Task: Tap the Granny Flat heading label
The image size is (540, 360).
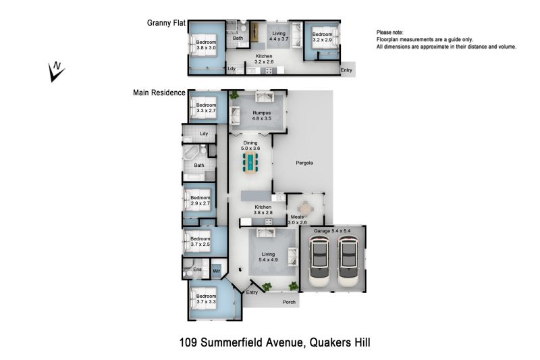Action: [166, 23]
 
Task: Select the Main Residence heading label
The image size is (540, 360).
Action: [159, 93]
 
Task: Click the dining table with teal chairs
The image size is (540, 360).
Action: [250, 161]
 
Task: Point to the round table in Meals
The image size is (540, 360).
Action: [305, 209]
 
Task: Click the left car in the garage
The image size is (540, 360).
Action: [320, 262]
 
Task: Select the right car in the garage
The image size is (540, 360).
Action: [349, 262]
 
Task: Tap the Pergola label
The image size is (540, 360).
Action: [304, 163]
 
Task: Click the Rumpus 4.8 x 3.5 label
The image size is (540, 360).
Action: [262, 115]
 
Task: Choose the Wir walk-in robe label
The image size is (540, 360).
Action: [216, 271]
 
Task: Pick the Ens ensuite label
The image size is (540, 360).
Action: [197, 269]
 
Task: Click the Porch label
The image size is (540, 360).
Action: [289, 302]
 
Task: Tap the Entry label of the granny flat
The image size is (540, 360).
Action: [346, 70]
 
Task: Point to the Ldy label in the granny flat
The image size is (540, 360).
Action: [232, 68]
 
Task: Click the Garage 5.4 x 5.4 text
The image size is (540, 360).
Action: [332, 230]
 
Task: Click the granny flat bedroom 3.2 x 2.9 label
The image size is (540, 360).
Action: [323, 37]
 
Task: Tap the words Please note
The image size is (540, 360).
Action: [389, 32]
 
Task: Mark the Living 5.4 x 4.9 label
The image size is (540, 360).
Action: [268, 257]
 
